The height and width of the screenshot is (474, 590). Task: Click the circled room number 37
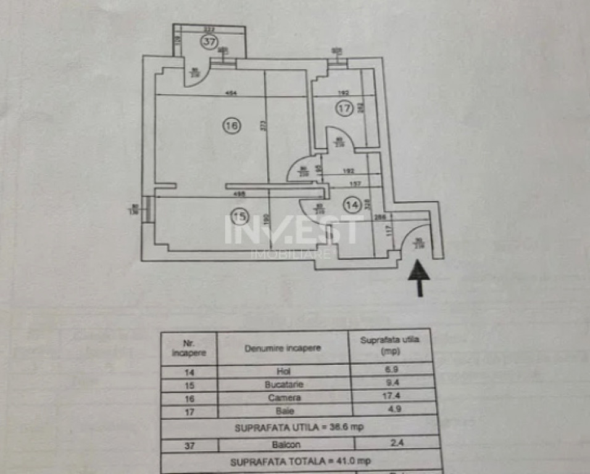pos(209,43)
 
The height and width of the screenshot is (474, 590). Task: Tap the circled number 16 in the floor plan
pos(231,126)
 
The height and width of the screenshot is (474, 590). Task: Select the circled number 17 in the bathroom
pos(344,109)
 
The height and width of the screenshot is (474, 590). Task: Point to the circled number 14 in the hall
pos(352,205)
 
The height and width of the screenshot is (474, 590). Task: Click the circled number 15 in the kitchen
pos(239,216)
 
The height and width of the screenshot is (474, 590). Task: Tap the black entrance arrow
pos(419,277)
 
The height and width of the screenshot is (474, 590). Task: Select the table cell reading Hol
pos(283,371)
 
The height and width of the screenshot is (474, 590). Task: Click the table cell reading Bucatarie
pos(283,384)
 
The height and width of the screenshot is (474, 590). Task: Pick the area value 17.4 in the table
pos(389,397)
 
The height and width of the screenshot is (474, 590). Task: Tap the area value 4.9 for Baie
pos(389,410)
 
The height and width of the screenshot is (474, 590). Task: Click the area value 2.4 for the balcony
pos(389,442)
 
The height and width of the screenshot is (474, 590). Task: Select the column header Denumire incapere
pos(283,348)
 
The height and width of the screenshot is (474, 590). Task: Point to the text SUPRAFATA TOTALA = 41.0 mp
pos(301,460)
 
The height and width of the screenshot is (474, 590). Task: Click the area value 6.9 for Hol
pos(389,371)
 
